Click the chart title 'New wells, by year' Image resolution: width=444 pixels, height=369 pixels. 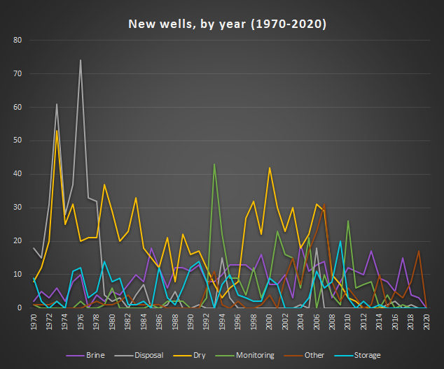(x=227, y=24)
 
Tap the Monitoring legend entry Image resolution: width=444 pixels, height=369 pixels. (x=259, y=355)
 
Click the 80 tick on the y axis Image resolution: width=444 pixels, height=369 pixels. (x=19, y=41)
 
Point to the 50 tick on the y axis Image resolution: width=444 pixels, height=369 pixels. (x=19, y=140)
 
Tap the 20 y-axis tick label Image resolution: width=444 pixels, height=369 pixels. (x=19, y=241)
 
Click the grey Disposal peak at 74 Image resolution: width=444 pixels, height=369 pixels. (x=81, y=60)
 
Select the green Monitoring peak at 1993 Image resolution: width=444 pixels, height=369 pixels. (x=214, y=164)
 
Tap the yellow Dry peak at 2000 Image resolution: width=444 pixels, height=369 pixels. (x=270, y=168)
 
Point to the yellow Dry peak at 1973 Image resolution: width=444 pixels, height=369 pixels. (x=57, y=131)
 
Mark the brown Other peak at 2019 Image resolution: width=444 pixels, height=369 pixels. (x=419, y=251)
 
